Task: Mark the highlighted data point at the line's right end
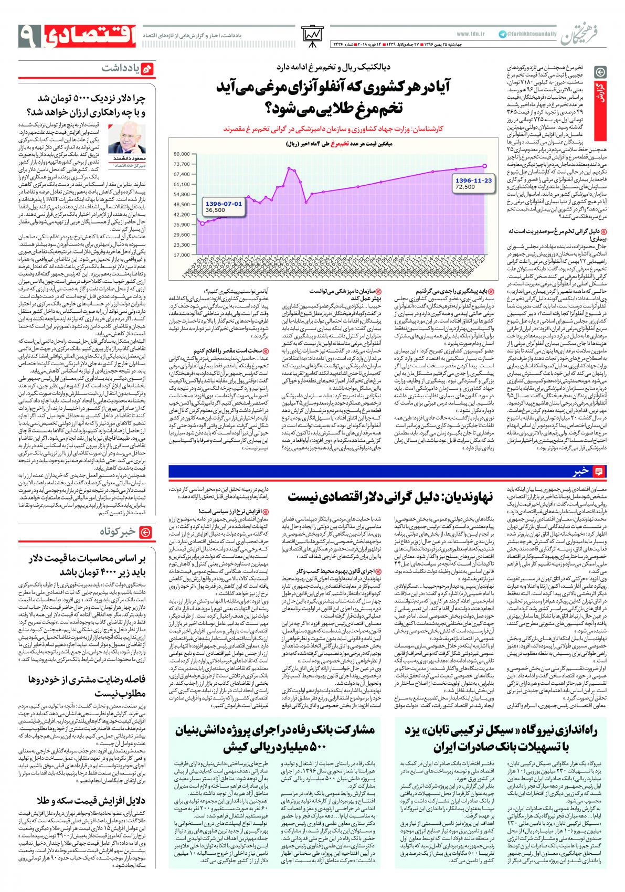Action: pyautogui.click(x=485, y=166)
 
